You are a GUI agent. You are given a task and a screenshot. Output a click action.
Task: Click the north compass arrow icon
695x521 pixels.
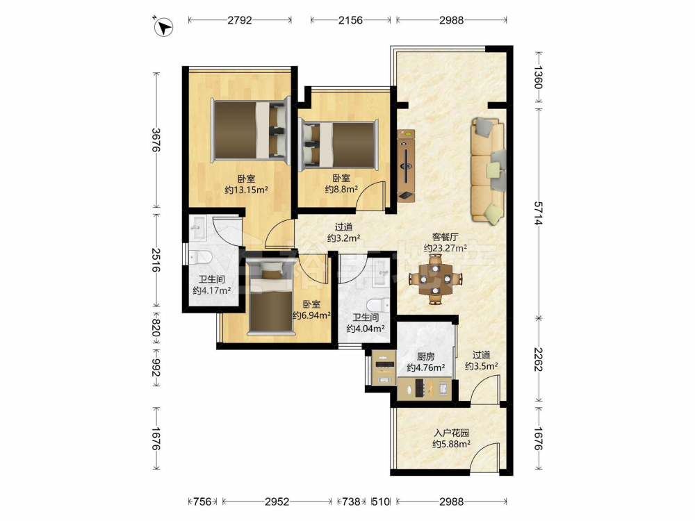coord(163,26)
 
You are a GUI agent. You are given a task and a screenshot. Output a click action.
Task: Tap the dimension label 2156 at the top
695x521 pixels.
coord(350,20)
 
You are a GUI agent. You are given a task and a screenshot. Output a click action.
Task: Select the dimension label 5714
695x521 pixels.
coord(538,213)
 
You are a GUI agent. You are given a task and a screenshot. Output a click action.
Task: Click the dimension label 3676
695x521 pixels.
coord(156,140)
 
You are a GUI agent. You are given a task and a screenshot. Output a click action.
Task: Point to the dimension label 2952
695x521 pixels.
coord(277,502)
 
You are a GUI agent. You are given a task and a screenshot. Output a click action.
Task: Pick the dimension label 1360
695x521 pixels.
coord(538,78)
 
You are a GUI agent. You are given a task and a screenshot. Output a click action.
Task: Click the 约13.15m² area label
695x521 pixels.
coord(246,190)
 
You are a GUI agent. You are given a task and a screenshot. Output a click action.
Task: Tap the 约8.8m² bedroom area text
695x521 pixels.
coord(341,189)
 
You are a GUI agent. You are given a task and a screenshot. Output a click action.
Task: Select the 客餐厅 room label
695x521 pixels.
coord(445,238)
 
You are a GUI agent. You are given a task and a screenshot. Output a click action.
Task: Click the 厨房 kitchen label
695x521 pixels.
coord(426,356)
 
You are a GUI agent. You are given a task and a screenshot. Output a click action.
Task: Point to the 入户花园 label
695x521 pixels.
coord(452,433)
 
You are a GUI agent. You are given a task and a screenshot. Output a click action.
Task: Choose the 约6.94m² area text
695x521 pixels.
coord(312,315)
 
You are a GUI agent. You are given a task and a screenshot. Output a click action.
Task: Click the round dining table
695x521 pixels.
coord(436,279)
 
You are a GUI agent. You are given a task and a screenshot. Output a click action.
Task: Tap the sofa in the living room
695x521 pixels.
coord(488,169)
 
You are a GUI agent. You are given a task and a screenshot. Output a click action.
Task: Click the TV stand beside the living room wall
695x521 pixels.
coord(406,166)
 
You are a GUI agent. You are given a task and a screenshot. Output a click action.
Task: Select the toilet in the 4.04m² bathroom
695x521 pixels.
coord(378,305)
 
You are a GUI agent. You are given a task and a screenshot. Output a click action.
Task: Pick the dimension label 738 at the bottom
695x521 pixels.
coord(352,502)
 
